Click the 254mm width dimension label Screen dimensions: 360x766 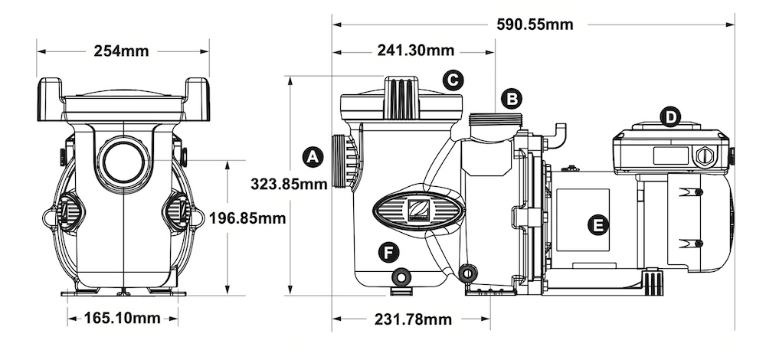tap(121, 51)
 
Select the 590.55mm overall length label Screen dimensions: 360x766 tap(535, 24)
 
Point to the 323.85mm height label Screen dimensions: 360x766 tap(289, 183)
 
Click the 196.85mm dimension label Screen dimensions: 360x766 tap(247, 218)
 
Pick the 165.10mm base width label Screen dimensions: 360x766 tap(123, 318)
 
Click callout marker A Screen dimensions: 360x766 tap(311, 156)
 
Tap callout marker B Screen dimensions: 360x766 tap(511, 98)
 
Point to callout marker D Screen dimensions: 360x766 tap(670, 117)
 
